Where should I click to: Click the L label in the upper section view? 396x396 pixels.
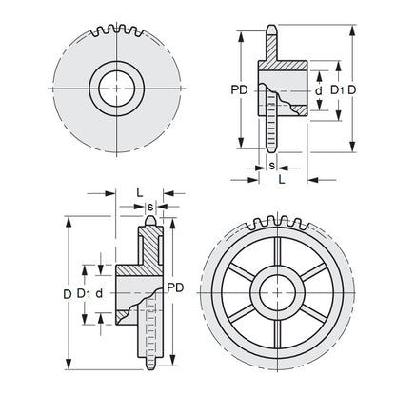pyautogui.click(x=282, y=178)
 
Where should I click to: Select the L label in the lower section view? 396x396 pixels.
pyautogui.click(x=140, y=191)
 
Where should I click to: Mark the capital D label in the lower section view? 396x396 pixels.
pyautogui.click(x=67, y=294)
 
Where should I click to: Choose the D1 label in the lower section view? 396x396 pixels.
pyautogui.click(x=84, y=294)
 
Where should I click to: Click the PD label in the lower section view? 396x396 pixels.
pyautogui.click(x=175, y=287)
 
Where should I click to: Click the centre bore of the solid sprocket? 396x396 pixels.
pyautogui.click(x=116, y=87)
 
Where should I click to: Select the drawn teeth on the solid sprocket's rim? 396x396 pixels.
pyautogui.click(x=115, y=30)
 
